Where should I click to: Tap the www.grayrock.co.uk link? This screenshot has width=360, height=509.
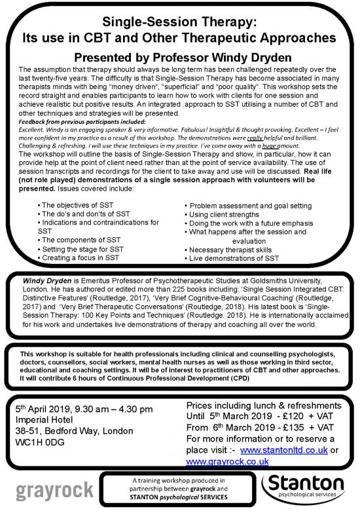(219, 461)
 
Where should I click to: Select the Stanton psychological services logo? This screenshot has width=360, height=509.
(308, 487)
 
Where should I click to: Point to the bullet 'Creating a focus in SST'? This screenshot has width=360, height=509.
(82, 258)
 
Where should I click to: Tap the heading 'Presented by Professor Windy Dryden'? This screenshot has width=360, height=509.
(177, 58)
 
